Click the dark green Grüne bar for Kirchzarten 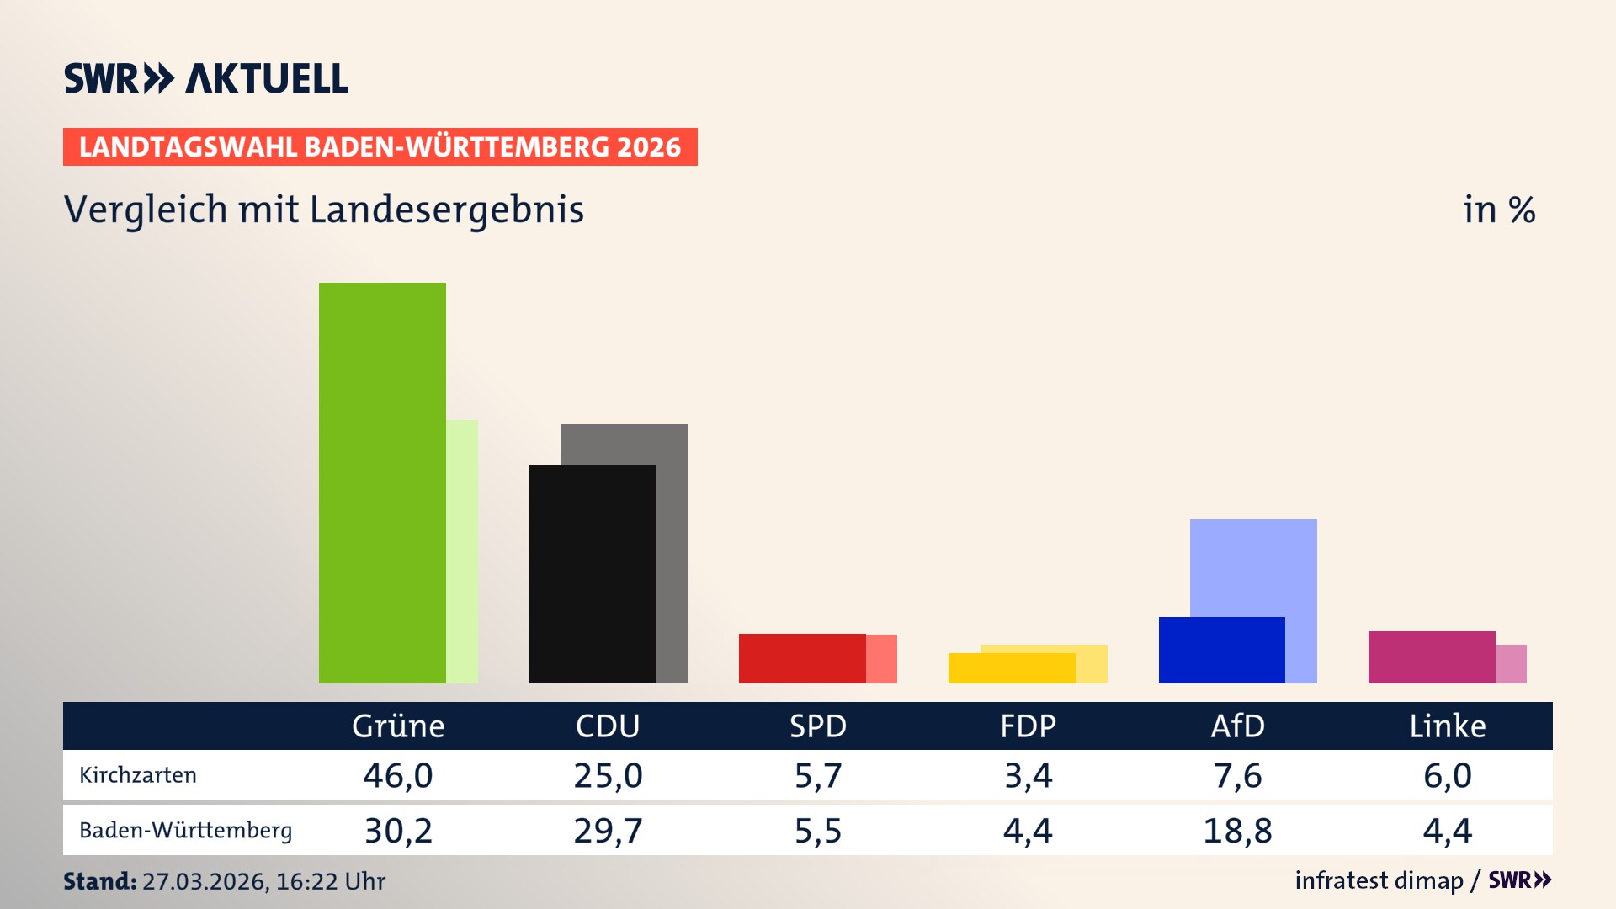[x=382, y=482]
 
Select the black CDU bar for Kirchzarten [x=592, y=574]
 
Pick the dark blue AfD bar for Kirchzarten [x=1221, y=650]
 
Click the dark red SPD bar [x=801, y=658]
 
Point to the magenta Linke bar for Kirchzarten [x=1431, y=656]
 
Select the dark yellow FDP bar [x=1011, y=668]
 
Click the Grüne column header [x=398, y=726]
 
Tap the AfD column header [x=1237, y=726]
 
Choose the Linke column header [x=1448, y=726]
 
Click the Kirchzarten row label [x=138, y=775]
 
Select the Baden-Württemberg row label [x=186, y=831]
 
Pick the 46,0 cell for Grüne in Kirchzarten [x=398, y=775]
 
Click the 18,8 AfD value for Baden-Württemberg [x=1237, y=831]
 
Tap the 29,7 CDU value [x=608, y=831]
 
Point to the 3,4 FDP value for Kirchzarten [x=1028, y=775]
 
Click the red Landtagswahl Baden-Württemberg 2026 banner [x=380, y=147]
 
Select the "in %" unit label [x=1499, y=210]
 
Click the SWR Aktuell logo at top [x=206, y=78]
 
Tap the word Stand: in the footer [x=99, y=881]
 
